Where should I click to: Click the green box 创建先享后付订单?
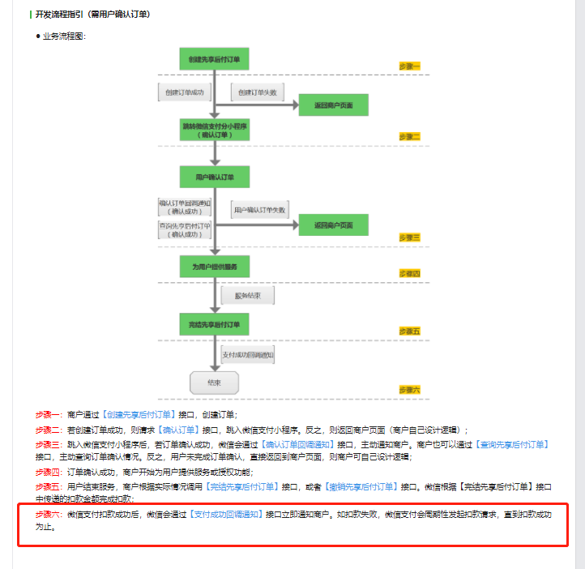(x=214, y=59)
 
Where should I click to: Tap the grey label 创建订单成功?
(x=183, y=92)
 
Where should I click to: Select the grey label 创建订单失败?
(x=258, y=92)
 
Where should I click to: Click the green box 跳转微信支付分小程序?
(x=214, y=130)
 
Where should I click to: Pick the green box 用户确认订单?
(x=214, y=177)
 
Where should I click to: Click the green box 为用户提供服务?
(x=214, y=267)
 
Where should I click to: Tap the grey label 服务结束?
(x=248, y=296)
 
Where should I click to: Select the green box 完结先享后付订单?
(x=214, y=325)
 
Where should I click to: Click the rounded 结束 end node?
(x=214, y=383)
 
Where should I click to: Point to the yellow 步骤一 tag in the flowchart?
(x=410, y=66)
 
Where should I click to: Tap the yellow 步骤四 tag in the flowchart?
(x=410, y=273)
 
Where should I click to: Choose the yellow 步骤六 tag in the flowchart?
(x=410, y=390)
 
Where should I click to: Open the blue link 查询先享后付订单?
(x=514, y=444)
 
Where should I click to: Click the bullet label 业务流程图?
(x=64, y=36)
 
